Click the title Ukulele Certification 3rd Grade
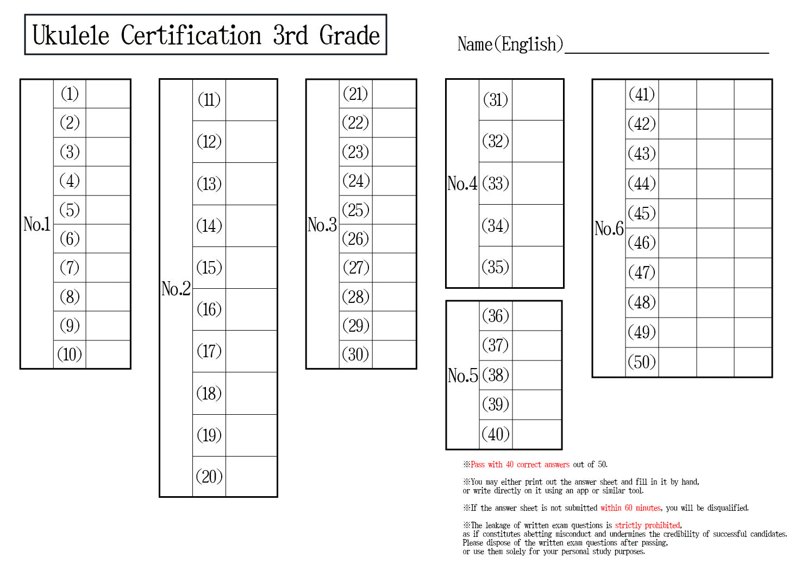[x=206, y=35]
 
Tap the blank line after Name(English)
[x=667, y=53]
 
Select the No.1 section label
[x=37, y=224]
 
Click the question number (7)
[x=70, y=268]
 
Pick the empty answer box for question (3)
[x=108, y=152]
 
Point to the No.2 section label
[x=176, y=288]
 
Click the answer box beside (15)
[x=251, y=268]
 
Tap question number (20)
[x=209, y=477]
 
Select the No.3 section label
[x=322, y=225]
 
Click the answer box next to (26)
[x=394, y=239]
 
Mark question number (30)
[x=355, y=354]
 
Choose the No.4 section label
[x=462, y=183]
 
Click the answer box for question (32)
[x=537, y=141]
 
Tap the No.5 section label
[x=462, y=375]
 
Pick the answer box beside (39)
[x=537, y=405]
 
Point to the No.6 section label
[x=609, y=228]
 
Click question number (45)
[x=642, y=213]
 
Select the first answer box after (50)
[x=678, y=362]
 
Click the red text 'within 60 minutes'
[x=630, y=508]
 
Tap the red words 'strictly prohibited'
[x=647, y=525]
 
